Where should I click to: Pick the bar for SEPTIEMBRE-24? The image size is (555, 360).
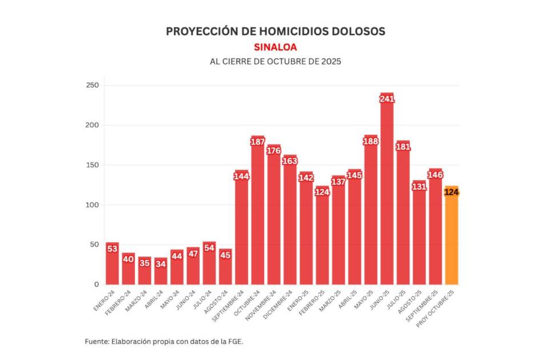tap(241, 234)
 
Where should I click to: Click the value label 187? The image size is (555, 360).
tap(258, 142)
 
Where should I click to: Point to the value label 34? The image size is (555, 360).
tap(161, 264)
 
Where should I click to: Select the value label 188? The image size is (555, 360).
tap(371, 141)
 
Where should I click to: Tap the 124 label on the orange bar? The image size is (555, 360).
tap(452, 192)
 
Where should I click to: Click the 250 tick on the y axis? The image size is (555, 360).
tap(92, 86)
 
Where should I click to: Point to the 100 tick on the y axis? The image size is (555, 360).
tap(92, 205)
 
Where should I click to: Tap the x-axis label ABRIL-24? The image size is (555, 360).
tap(154, 297)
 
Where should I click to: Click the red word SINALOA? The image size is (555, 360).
tap(275, 47)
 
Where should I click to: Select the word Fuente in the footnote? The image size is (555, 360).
tap(98, 341)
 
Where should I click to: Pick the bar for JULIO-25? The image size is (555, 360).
tap(403, 217)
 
